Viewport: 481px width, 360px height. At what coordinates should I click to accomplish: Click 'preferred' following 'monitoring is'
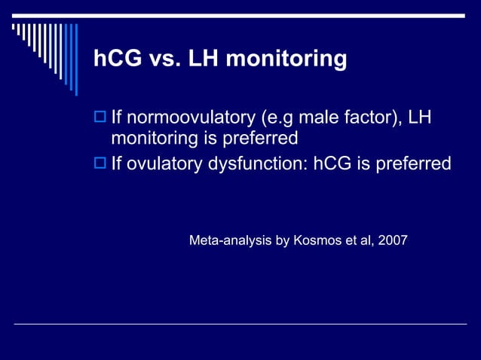point(260,139)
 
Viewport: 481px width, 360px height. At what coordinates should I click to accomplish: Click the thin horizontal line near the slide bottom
point(240,324)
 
